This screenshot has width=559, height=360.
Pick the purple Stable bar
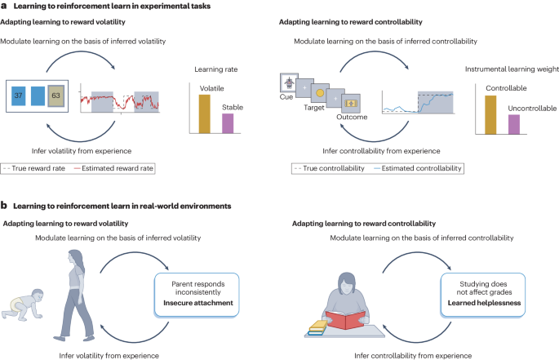[228, 122]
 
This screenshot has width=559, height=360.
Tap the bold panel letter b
[5, 207]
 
